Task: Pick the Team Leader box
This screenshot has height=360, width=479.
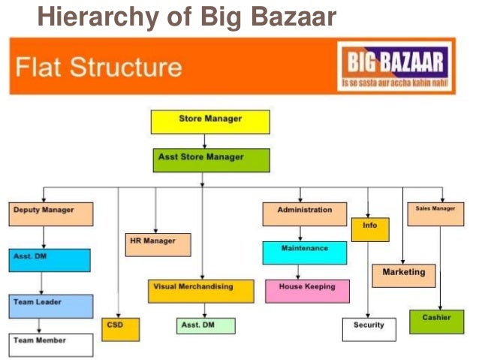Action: [x=51, y=305]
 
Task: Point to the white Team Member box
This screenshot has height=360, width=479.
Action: [x=51, y=344]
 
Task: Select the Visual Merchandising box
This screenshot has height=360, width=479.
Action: [x=200, y=290]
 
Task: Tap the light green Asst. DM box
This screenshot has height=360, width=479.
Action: [x=205, y=326]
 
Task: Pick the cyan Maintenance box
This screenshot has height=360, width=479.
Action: [x=304, y=252]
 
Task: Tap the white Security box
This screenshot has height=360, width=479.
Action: [x=369, y=328]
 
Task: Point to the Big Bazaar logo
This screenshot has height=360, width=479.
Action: [x=395, y=67]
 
